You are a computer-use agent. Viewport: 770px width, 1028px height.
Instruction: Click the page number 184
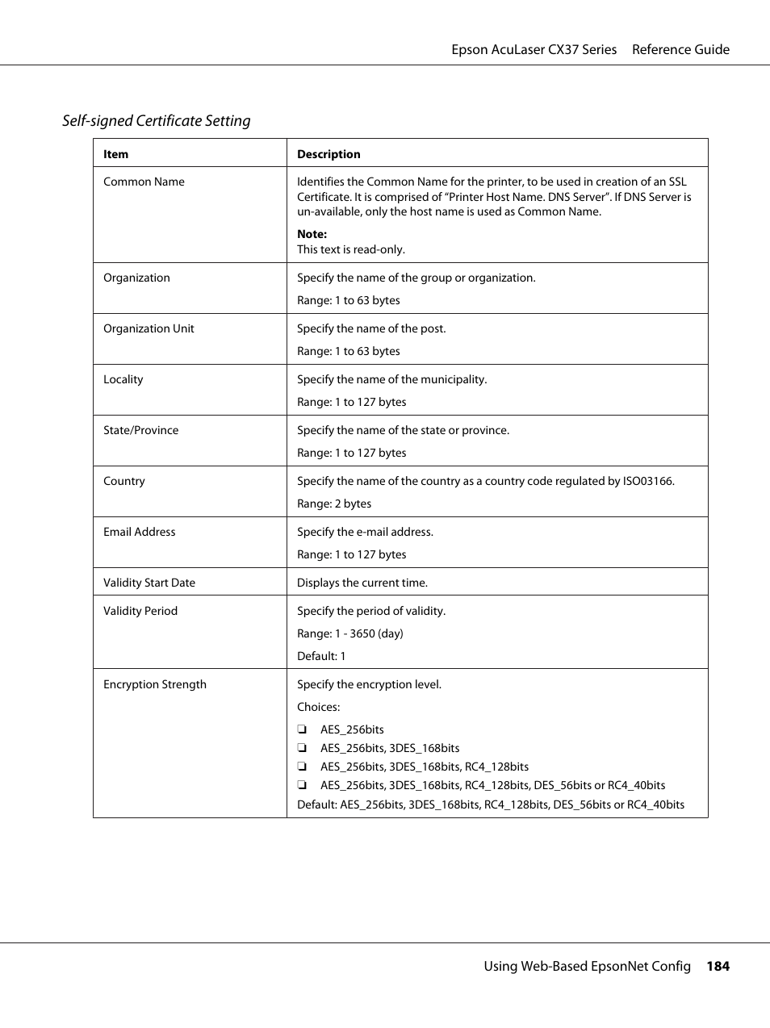click(718, 966)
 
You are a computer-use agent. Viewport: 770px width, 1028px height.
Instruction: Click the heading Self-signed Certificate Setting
click(157, 121)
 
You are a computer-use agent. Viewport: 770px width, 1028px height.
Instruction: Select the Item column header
click(115, 154)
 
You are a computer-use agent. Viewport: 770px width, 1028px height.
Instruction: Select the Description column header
click(329, 154)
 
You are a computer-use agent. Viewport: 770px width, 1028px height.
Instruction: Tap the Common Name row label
click(144, 182)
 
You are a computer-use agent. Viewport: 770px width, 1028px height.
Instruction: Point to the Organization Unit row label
click(149, 328)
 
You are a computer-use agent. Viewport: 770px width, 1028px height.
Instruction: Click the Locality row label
click(123, 379)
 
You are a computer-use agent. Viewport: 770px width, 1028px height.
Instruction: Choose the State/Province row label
click(140, 430)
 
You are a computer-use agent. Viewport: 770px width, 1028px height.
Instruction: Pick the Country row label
click(124, 481)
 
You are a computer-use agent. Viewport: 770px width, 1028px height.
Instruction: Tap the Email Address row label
click(139, 532)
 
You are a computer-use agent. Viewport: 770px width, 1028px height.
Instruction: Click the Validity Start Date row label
click(149, 583)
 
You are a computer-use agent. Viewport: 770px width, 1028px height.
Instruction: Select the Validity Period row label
click(140, 611)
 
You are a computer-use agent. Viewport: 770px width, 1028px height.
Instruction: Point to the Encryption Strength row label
click(155, 684)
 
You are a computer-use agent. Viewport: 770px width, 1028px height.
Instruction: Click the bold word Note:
click(312, 234)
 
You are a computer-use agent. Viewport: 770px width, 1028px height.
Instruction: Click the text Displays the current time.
click(362, 583)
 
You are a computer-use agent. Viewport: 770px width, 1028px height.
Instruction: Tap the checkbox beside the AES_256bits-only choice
click(302, 729)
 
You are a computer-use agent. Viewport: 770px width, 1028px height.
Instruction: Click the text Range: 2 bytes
click(334, 504)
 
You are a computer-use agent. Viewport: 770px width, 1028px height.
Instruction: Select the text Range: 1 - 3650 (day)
click(350, 633)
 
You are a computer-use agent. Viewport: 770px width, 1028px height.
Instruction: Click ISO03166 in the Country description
click(647, 481)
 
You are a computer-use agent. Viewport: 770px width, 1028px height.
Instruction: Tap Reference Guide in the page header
click(680, 49)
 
